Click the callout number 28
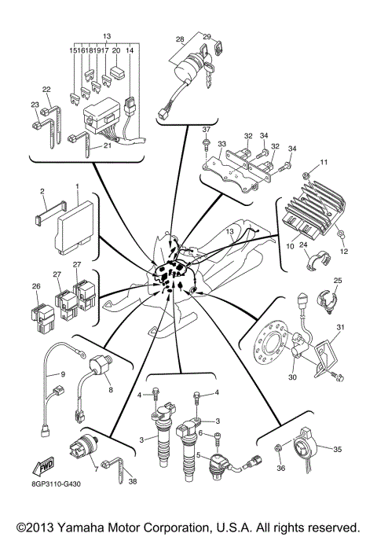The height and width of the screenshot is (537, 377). pyautogui.click(x=180, y=38)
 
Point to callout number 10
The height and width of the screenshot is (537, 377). pyautogui.click(x=290, y=247)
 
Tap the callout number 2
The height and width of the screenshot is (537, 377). pyautogui.click(x=42, y=191)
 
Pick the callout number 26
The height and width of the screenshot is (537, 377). pyautogui.click(x=35, y=287)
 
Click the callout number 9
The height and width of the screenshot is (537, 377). pyautogui.click(x=64, y=374)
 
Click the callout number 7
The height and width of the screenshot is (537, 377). pyautogui.click(x=95, y=469)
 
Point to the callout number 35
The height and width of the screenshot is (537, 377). pyautogui.click(x=337, y=450)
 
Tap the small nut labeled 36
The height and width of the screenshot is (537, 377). pyautogui.click(x=280, y=449)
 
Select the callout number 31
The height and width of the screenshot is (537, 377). pyautogui.click(x=341, y=327)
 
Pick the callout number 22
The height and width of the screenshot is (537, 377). pyautogui.click(x=46, y=89)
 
